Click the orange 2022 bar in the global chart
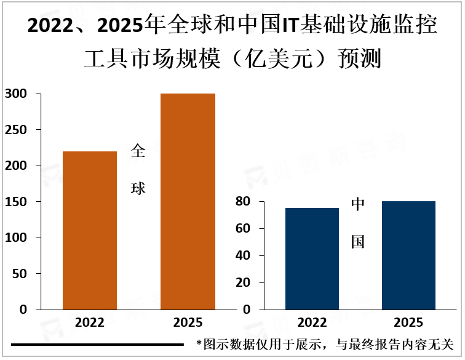click(x=90, y=230)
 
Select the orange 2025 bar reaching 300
click(x=188, y=201)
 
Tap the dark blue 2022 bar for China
click(x=312, y=258)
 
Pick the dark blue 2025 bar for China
click(x=408, y=255)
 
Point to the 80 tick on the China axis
click(x=242, y=202)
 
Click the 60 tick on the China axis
click(x=242, y=229)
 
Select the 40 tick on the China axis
click(x=242, y=256)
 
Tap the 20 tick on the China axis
click(x=242, y=283)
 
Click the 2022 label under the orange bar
click(x=90, y=322)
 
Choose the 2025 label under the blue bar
click(x=408, y=322)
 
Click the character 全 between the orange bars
click(x=138, y=151)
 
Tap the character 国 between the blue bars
click(x=358, y=242)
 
